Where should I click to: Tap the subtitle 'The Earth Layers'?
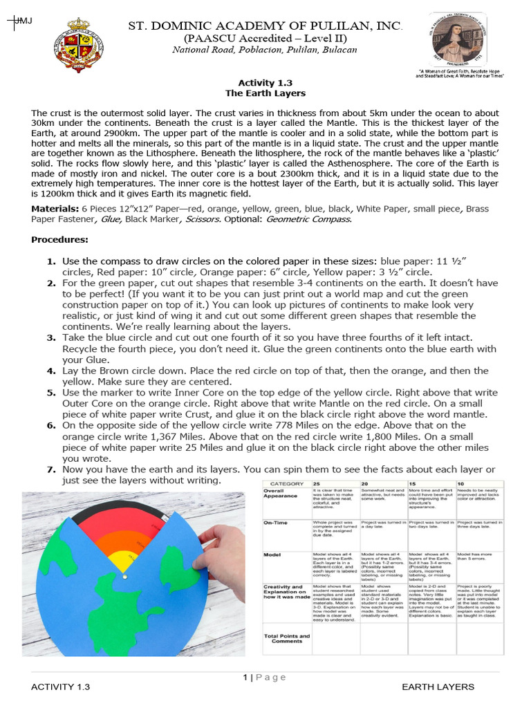pyautogui.click(x=265, y=93)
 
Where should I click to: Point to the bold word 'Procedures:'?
pyautogui.click(x=60, y=240)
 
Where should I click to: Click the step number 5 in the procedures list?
pyautogui.click(x=51, y=393)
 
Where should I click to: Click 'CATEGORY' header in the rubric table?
pyautogui.click(x=286, y=483)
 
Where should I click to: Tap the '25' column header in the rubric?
pyautogui.click(x=317, y=483)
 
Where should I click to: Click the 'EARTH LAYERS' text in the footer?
pyautogui.click(x=438, y=687)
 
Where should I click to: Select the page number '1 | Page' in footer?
pyautogui.click(x=264, y=677)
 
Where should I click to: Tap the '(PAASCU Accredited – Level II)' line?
pyautogui.click(x=265, y=39)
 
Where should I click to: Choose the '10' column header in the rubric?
pyautogui.click(x=460, y=483)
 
